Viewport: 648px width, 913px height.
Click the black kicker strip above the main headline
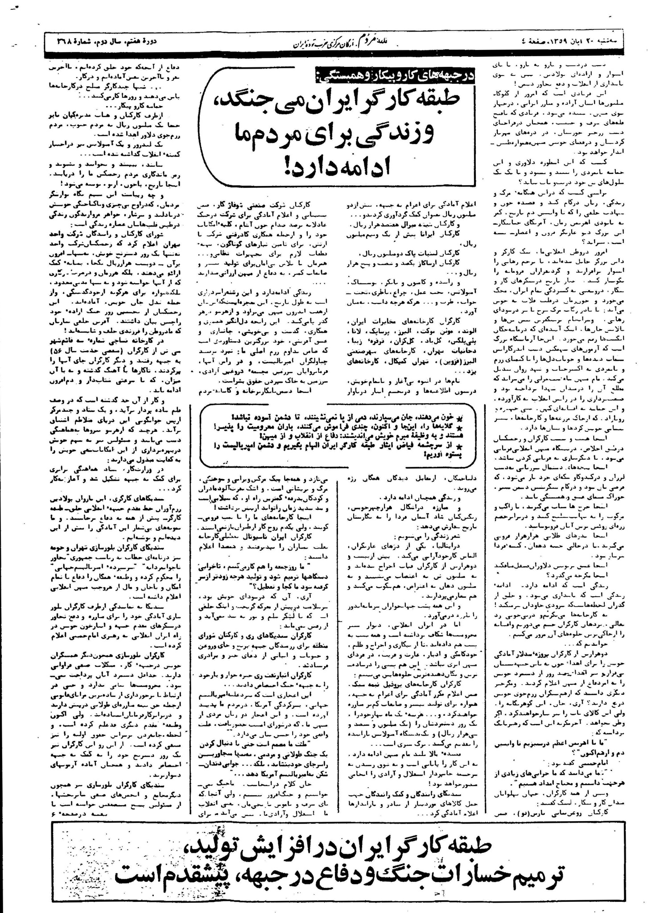(395, 76)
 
